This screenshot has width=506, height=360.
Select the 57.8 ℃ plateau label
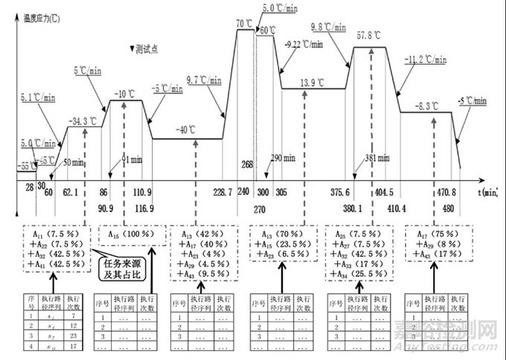pyautogui.click(x=368, y=36)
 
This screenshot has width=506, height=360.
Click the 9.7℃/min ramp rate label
pyautogui.click(x=202, y=79)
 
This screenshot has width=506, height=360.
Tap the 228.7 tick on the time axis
pyautogui.click(x=222, y=191)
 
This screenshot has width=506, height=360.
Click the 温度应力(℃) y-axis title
pyautogui.click(x=45, y=13)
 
